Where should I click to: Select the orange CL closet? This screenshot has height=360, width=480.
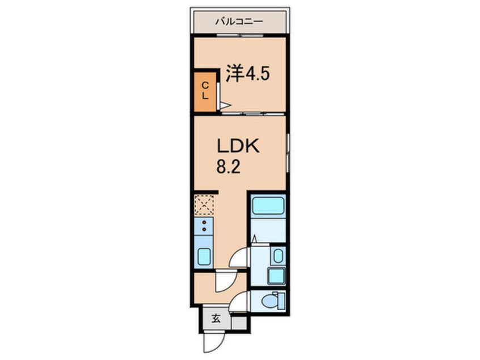tap(205, 91)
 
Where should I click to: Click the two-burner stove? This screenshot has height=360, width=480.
tap(204, 227)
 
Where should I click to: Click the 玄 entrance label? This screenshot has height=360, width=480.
tap(216, 319)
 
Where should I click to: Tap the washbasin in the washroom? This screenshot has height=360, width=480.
tap(277, 255)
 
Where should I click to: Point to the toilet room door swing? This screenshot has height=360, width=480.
tap(241, 302)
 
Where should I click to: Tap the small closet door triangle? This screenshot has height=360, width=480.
tap(225, 104)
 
